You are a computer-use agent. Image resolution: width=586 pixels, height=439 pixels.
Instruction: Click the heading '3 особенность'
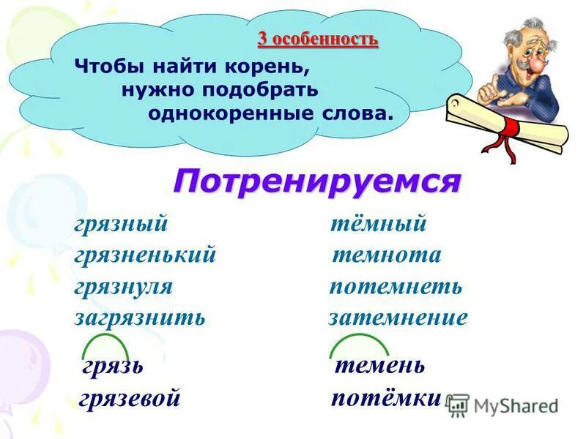pyautogui.click(x=317, y=39)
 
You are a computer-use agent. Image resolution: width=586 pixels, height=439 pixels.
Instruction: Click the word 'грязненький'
pyautogui.click(x=145, y=255)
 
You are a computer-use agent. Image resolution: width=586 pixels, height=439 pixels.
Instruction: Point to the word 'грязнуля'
pyautogui.click(x=123, y=286)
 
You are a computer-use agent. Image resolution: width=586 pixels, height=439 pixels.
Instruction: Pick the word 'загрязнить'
pyautogui.click(x=139, y=318)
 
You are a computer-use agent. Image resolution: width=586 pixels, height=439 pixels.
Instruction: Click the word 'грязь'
pyautogui.click(x=112, y=365)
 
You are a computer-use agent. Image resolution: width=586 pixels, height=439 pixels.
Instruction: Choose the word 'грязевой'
pyautogui.click(x=129, y=398)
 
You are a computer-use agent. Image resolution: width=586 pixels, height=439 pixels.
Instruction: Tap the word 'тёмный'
pyautogui.click(x=378, y=224)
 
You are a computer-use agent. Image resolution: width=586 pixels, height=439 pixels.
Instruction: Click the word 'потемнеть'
pyautogui.click(x=396, y=286)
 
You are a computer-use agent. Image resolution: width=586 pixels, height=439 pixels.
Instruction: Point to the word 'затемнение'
pyautogui.click(x=398, y=318)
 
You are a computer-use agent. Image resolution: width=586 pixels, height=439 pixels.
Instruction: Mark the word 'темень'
pyautogui.click(x=379, y=364)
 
